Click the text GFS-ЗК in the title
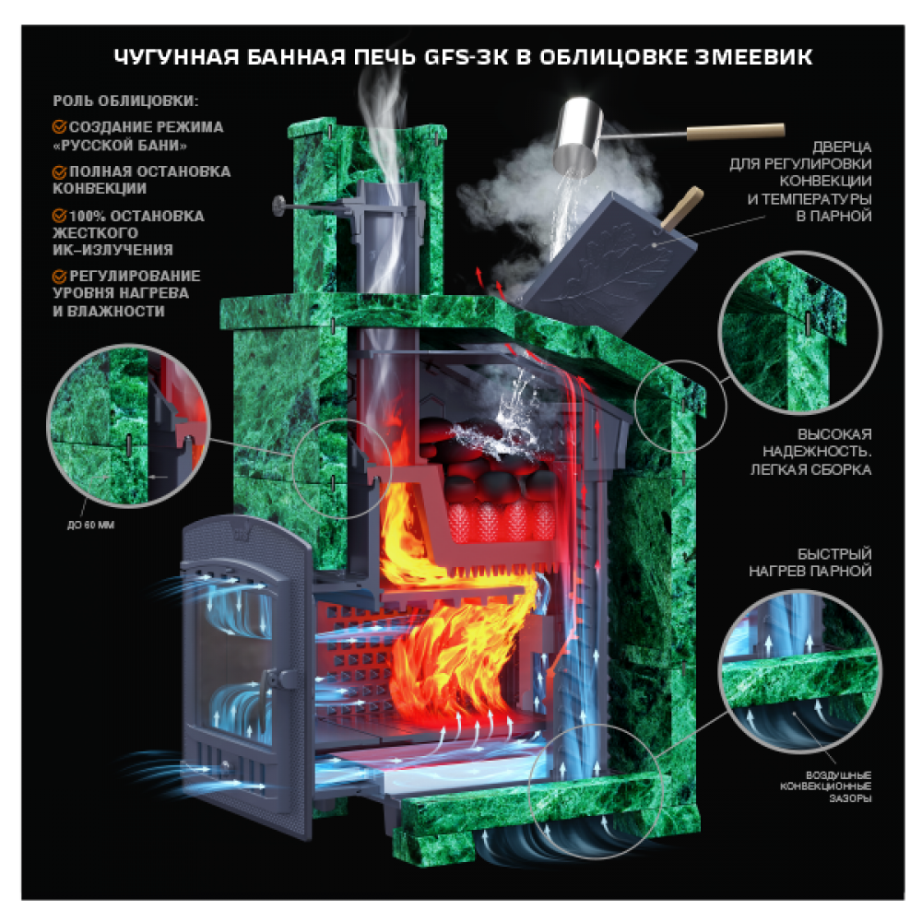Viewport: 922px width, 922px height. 466,57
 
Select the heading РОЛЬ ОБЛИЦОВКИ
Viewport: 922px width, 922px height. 125,101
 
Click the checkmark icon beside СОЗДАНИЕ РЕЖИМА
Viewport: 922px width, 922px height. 59,126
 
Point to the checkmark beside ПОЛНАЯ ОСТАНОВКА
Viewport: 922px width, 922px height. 59,171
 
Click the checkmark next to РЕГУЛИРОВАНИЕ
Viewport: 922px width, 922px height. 59,276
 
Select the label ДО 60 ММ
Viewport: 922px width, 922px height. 90,526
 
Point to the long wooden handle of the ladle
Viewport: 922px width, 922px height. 735,132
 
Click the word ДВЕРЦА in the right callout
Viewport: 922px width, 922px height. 842,147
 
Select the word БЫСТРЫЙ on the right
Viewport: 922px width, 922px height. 834,554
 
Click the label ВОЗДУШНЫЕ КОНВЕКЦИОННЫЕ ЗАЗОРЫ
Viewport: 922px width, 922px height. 826,786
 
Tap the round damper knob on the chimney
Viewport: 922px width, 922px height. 278,206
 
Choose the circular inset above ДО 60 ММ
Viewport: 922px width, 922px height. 129,426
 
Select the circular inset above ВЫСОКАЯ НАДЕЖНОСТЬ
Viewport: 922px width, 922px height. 800,333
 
